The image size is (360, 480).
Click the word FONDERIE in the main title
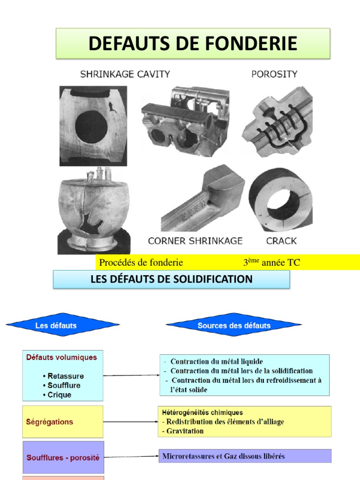pyautogui.click(x=251, y=43)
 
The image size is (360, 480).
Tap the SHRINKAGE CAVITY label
pyautogui.click(x=125, y=74)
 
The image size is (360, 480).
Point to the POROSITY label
pyautogui.click(x=274, y=74)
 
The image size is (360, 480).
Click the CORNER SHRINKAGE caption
pyautogui.click(x=195, y=241)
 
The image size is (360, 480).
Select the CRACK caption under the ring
pyautogui.click(x=281, y=241)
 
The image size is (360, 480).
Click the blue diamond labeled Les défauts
pyautogui.click(x=62, y=325)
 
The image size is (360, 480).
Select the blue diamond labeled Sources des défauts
pyautogui.click(x=234, y=325)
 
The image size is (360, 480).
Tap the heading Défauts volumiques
pyautogui.click(x=61, y=357)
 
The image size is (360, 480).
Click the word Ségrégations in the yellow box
pyautogui.click(x=50, y=422)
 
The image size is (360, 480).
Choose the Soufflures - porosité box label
pyautogui.click(x=63, y=457)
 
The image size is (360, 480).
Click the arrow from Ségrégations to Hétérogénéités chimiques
pyautogui.click(x=131, y=422)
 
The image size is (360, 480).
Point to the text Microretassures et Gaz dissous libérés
pyautogui.click(x=224, y=456)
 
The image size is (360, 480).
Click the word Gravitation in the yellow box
pyautogui.click(x=185, y=431)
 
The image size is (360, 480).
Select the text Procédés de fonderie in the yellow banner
pyautogui.click(x=141, y=262)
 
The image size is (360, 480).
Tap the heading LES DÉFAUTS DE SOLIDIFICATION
pyautogui.click(x=172, y=279)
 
